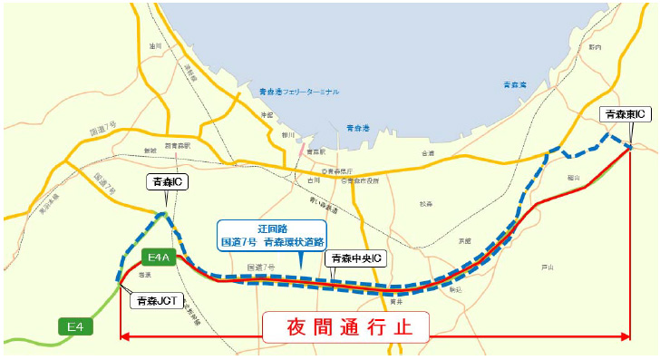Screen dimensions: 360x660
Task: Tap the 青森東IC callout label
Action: click(x=626, y=114)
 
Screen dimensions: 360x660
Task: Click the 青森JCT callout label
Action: click(x=155, y=300)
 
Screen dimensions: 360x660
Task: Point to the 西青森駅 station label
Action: click(x=177, y=145)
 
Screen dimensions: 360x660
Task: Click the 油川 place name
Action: click(x=155, y=44)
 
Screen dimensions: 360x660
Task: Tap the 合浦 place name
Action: click(x=428, y=154)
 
